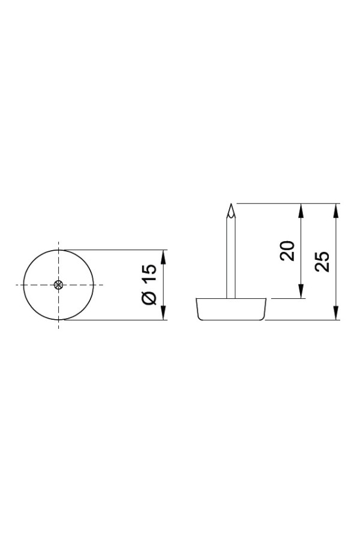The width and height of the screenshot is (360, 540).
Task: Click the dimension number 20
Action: pyautogui.click(x=287, y=251)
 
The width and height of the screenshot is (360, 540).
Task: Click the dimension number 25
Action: pyautogui.click(x=322, y=262)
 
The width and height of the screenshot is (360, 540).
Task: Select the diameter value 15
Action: pyautogui.click(x=149, y=274)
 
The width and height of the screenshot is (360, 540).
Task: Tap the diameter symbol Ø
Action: pyautogui.click(x=149, y=298)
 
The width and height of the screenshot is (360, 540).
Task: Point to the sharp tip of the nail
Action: pyautogui.click(x=231, y=204)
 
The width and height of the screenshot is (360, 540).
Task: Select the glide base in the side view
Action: pyautogui.click(x=232, y=309)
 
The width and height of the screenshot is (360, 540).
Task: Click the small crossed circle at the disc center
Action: pyautogui.click(x=59, y=284)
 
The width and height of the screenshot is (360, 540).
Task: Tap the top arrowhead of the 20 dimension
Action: pyautogui.click(x=301, y=211)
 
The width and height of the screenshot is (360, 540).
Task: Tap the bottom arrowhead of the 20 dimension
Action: pyautogui.click(x=301, y=292)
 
